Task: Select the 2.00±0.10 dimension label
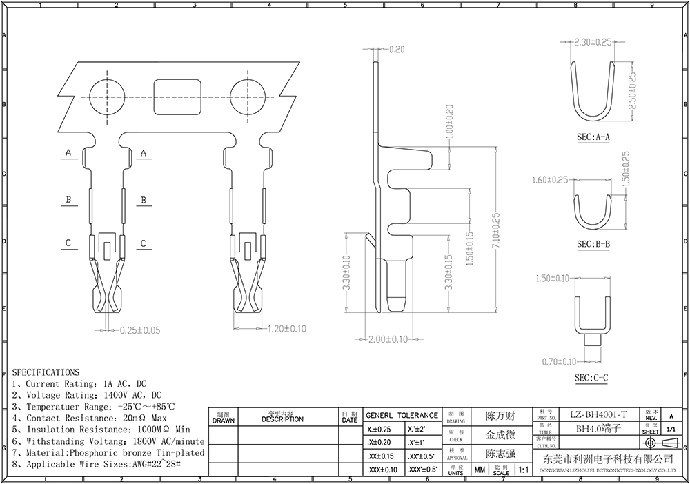pyautogui.click(x=387, y=339)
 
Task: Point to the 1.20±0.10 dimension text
pyautogui.click(x=286, y=330)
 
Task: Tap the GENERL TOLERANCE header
pyautogui.click(x=402, y=415)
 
